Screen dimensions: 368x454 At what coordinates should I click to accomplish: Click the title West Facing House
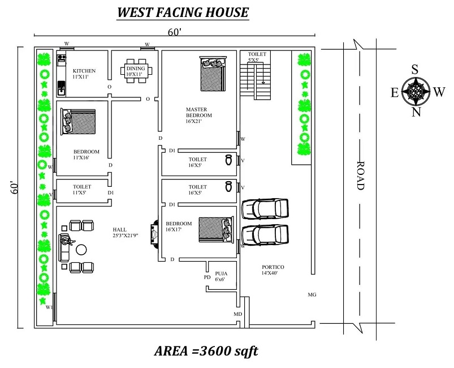click(183, 12)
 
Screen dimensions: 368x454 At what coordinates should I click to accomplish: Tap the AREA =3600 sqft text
click(206, 351)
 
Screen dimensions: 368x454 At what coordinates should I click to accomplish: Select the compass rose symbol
click(416, 91)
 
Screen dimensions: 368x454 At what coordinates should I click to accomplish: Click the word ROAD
click(361, 176)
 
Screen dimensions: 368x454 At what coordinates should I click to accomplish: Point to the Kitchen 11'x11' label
click(84, 74)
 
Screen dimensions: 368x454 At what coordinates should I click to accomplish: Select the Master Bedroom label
click(198, 115)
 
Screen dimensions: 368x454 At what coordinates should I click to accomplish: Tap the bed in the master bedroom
click(213, 73)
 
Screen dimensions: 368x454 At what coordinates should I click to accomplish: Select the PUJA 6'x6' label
click(220, 276)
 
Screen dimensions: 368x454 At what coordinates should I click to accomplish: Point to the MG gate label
click(312, 295)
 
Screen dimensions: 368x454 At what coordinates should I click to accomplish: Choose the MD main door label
click(238, 313)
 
